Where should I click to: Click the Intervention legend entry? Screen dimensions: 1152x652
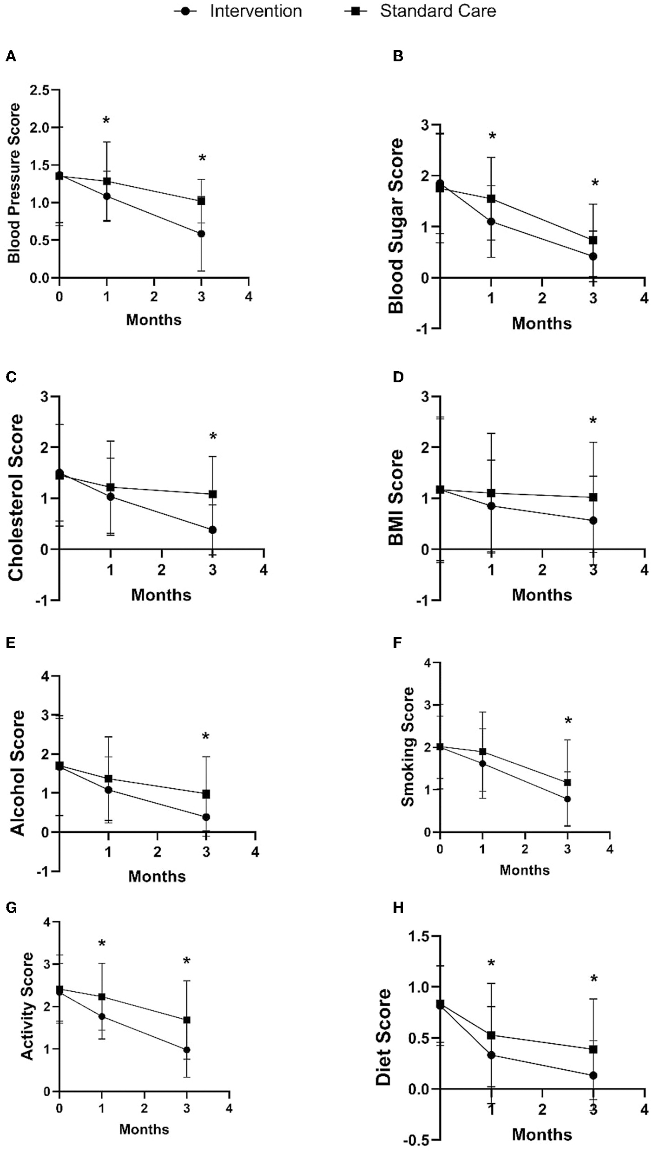click(x=238, y=11)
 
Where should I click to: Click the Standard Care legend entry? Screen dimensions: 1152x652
click(x=421, y=11)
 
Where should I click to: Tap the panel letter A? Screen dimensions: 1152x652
click(x=11, y=57)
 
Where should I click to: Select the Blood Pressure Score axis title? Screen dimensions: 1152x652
click(x=15, y=183)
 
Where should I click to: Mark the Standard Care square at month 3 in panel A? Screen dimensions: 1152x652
click(x=201, y=201)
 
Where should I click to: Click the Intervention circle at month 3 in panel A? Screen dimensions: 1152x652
click(x=201, y=234)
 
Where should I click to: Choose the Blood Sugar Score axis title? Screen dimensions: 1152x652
click(x=396, y=226)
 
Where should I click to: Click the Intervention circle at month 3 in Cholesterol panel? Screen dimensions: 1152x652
click(x=213, y=530)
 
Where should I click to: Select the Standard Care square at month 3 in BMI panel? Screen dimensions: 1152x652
click(x=593, y=497)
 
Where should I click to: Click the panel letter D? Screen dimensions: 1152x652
click(x=398, y=377)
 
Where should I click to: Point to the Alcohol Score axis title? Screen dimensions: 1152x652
click(x=18, y=773)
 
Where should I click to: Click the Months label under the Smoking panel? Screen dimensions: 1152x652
click(x=524, y=870)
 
